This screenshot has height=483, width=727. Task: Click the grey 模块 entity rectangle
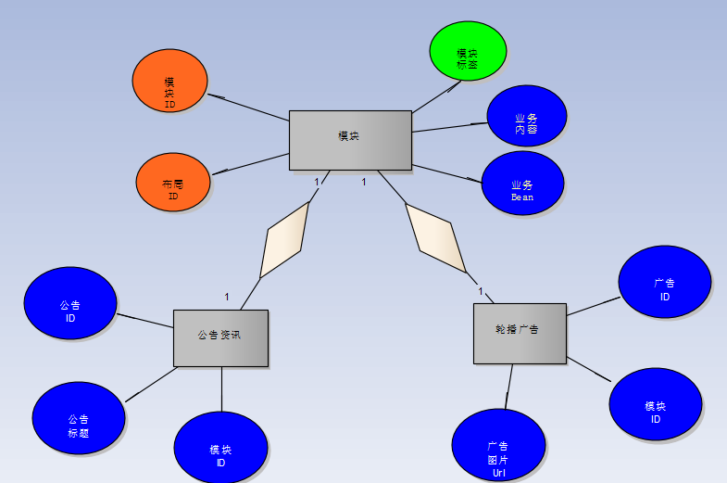coord(349,140)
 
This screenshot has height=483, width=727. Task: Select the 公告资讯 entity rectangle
coord(220,337)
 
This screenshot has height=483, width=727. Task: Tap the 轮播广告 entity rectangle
coord(520,333)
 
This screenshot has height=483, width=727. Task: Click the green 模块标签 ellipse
coord(469,51)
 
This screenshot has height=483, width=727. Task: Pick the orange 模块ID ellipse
coord(170,81)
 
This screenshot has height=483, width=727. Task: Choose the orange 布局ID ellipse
coord(173,182)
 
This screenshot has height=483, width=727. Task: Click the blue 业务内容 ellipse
coord(526,116)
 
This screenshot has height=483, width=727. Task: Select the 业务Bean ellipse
coord(522,183)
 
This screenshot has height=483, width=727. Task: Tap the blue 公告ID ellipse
coord(70,303)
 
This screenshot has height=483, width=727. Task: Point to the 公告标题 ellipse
coord(79,418)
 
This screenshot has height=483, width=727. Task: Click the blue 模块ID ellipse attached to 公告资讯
coord(220,448)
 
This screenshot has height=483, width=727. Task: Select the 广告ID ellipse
coord(665,282)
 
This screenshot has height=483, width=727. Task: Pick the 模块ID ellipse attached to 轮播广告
coord(656,404)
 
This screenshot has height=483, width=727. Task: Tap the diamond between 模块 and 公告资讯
coord(284,240)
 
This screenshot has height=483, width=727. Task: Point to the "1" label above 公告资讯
coord(227,297)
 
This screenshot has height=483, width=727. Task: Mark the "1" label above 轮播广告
coord(481,292)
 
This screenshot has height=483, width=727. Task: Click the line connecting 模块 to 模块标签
coord(435,97)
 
